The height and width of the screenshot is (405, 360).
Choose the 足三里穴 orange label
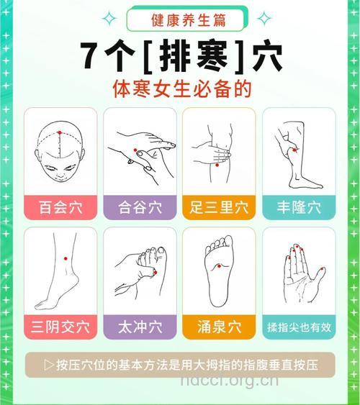pyautogui.click(x=220, y=208)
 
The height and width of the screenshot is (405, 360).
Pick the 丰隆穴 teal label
pyautogui.click(x=299, y=208)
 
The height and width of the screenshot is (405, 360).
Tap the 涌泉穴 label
pyautogui.click(x=220, y=327)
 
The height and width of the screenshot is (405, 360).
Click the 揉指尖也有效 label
pyautogui.click(x=299, y=327)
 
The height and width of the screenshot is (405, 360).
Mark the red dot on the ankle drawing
pyautogui.click(x=65, y=258)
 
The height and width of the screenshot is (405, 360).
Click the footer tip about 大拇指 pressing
pyautogui.click(x=180, y=365)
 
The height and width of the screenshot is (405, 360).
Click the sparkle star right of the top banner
pyautogui.click(x=264, y=17)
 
